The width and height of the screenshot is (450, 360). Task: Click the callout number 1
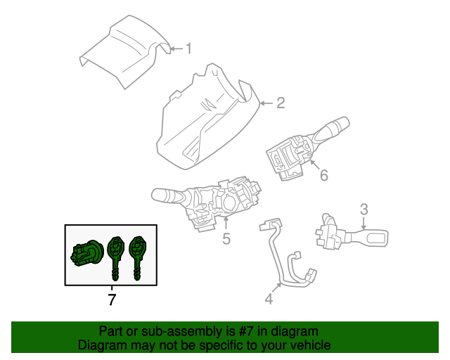[188, 49]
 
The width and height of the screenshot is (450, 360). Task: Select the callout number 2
[280, 104]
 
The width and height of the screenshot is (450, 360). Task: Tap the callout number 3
[364, 209]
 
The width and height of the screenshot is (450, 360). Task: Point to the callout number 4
[269, 300]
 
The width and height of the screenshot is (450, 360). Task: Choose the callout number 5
[226, 239]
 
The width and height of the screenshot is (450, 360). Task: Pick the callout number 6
[323, 175]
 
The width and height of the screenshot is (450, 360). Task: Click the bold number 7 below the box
[112, 300]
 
